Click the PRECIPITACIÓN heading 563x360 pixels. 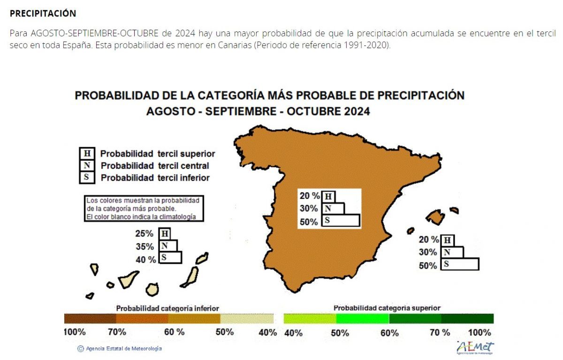[43, 13]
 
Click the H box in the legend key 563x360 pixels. [87, 153]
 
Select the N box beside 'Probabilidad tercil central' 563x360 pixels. [87, 165]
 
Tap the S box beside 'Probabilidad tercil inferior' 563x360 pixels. [87, 177]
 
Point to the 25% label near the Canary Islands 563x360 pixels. [145, 234]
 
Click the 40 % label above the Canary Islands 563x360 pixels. [146, 260]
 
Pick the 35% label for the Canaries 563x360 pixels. [145, 246]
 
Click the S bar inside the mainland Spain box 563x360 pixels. [341, 221]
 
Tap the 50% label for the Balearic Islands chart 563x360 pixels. [428, 266]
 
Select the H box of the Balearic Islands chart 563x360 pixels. [448, 240]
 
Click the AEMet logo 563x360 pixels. [475, 347]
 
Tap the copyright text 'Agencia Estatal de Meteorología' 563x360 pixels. [124, 348]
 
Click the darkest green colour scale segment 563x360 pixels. [467, 319]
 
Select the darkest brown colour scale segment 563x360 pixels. [90, 319]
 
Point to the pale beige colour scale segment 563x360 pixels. [247, 319]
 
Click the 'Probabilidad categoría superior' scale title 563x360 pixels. [387, 308]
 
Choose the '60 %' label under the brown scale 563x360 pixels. [174, 332]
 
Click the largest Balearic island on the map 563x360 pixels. [435, 217]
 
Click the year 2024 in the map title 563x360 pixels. [357, 111]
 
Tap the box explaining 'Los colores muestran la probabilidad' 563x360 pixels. [144, 208]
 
